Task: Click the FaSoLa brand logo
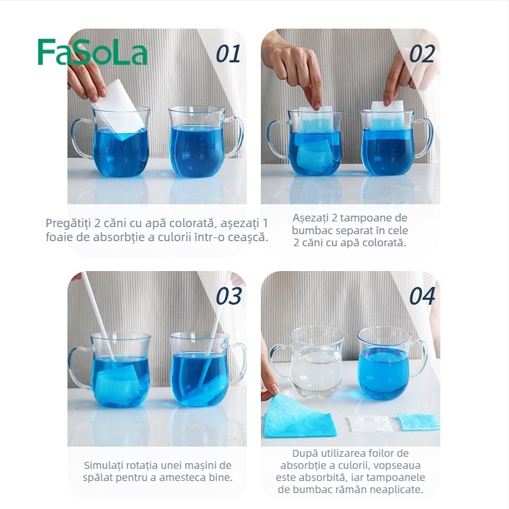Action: [x=92, y=52]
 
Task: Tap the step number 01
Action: [x=228, y=54]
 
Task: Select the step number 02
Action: [x=421, y=54]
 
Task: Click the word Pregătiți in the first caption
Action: [x=69, y=223]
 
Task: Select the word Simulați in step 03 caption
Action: [x=108, y=465]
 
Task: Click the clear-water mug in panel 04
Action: [x=315, y=359]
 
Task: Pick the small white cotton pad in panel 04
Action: [x=368, y=423]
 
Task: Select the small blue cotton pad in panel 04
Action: [x=418, y=421]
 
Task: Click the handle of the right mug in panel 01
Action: [x=235, y=137]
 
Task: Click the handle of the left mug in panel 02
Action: [x=275, y=140]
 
